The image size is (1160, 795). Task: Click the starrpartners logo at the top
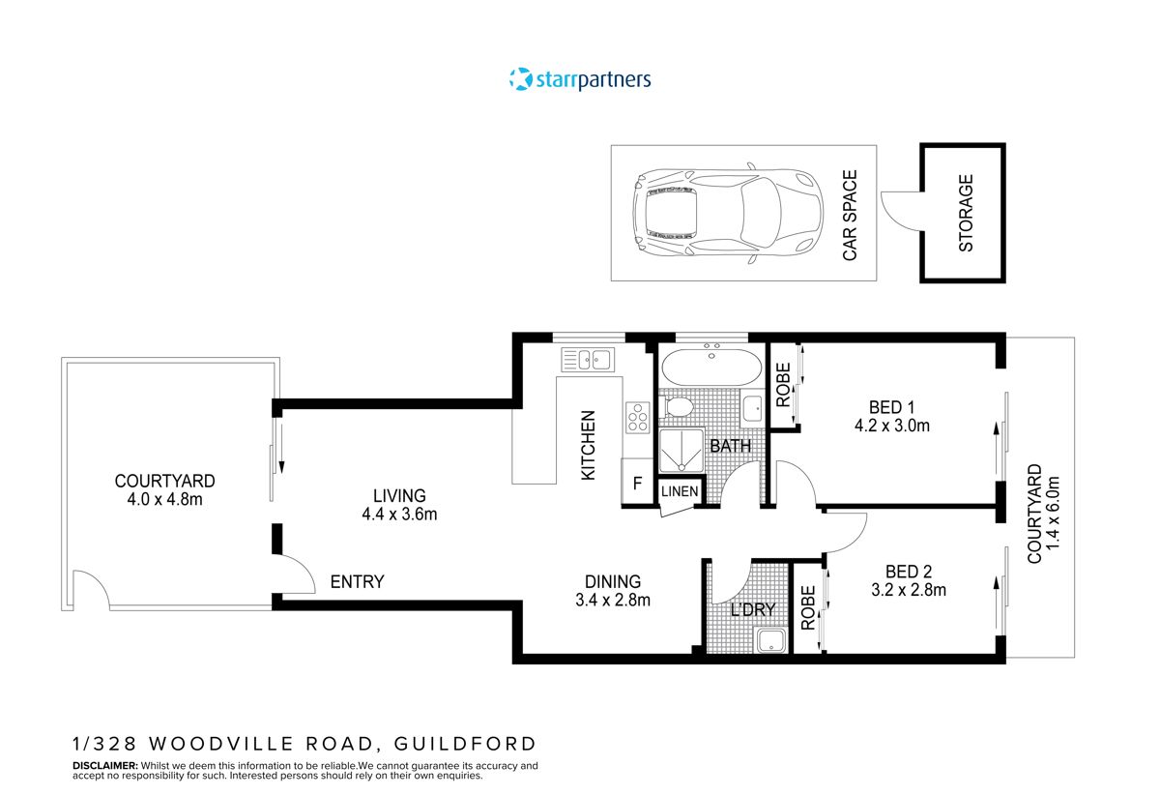coord(580,79)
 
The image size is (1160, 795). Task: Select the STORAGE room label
coord(966,213)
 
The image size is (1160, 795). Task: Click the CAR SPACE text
coord(850,215)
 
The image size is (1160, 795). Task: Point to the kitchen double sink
coord(587,360)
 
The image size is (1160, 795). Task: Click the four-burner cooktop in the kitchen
coord(638,417)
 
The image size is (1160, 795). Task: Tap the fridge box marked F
coord(637,484)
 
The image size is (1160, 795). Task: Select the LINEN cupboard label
coord(680,491)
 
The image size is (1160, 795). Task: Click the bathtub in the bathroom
coord(710,368)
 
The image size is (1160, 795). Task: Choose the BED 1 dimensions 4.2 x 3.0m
coord(892,426)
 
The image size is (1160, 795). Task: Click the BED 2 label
coord(886,571)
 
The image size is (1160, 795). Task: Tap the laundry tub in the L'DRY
coord(769,639)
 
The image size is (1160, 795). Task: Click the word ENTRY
coord(357,581)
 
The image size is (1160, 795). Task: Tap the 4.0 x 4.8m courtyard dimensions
coord(164,499)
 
